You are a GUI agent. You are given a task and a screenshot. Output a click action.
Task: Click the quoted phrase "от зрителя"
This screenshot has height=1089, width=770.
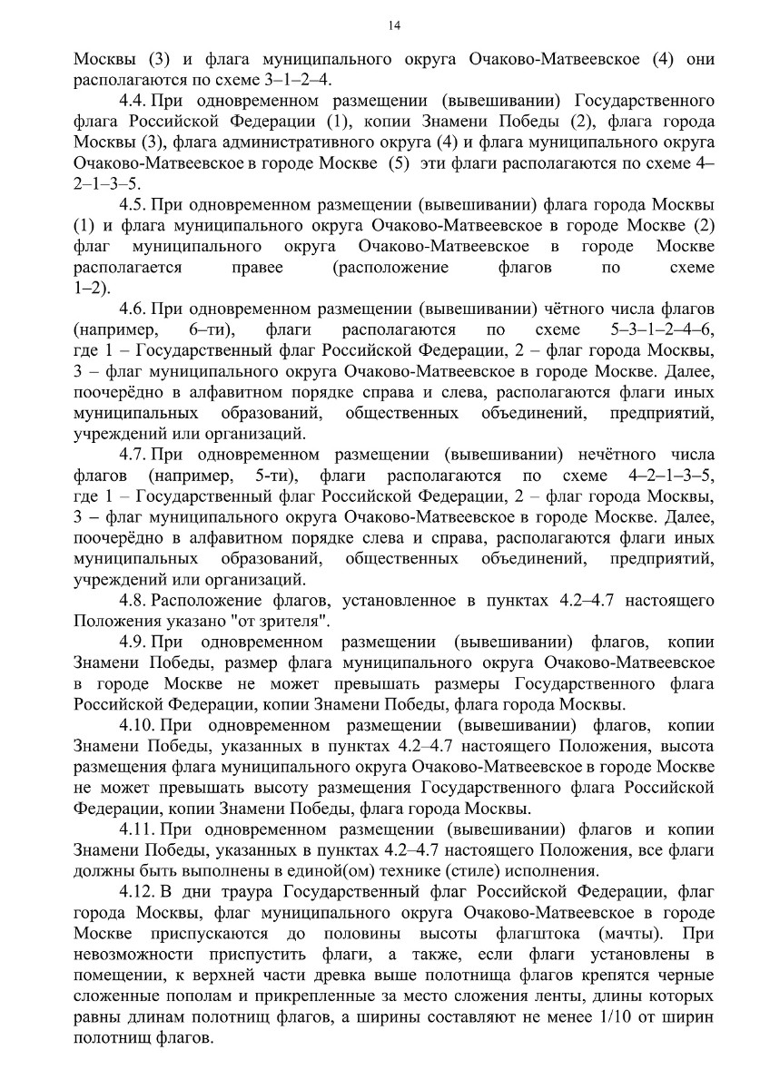(x=284, y=622)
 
